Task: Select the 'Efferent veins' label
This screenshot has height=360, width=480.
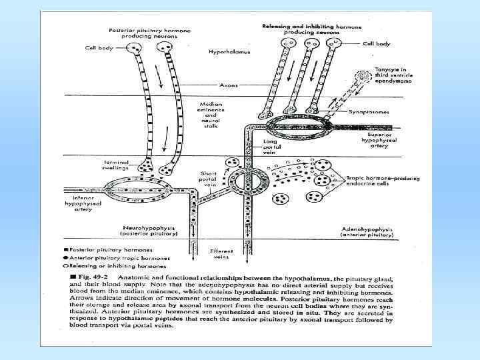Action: click(x=221, y=253)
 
